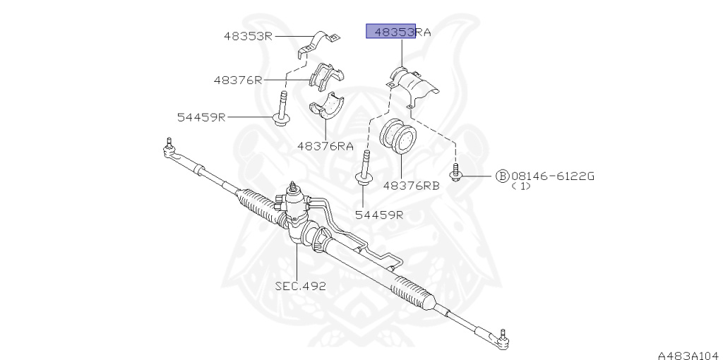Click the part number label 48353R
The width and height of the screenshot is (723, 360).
tap(248, 36)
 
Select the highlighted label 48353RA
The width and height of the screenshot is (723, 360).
tap(402, 32)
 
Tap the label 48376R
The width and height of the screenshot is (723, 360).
tap(237, 80)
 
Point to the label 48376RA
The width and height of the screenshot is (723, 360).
tap(325, 146)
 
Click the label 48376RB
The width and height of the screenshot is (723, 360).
tap(412, 186)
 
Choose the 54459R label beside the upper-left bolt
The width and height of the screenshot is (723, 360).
tap(201, 117)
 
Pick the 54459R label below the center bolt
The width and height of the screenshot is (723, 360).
tap(379, 215)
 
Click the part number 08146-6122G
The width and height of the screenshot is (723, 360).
tap(553, 176)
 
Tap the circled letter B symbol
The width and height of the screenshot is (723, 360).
tap(502, 176)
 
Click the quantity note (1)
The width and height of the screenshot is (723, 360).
tap(521, 186)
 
